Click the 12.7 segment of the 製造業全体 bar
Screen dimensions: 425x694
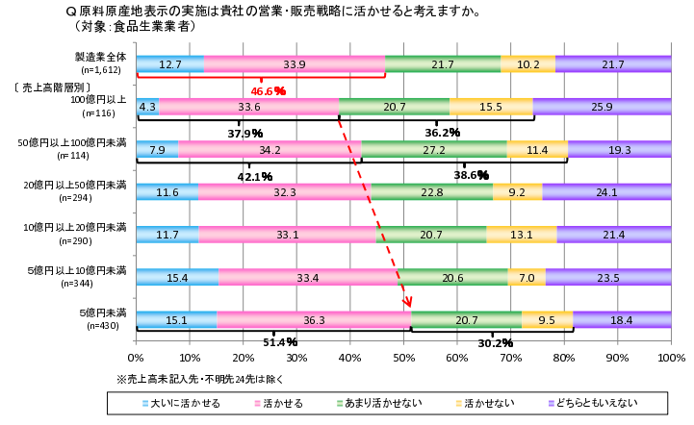coord(170,63)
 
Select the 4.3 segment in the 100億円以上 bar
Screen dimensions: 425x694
coord(147,107)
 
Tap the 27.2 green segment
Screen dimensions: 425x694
coord(434,149)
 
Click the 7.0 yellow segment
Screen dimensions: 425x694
coord(527,278)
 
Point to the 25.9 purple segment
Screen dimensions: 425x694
coord(603,107)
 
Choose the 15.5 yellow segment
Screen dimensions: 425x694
coord(491,107)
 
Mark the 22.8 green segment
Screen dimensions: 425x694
coord(432,192)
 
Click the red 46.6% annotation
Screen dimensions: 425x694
coord(269,90)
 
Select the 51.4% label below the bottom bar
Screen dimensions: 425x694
coord(279,341)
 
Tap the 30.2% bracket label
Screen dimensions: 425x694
coord(496,342)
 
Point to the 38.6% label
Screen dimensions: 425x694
coord(472,175)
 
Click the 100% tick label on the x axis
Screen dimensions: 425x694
coord(671,357)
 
